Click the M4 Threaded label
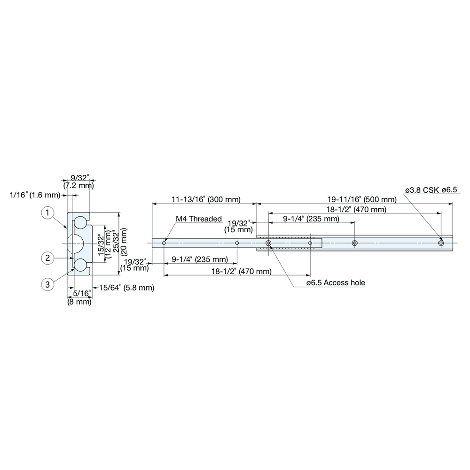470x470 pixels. [x=198, y=219]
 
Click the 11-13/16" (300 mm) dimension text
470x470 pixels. [x=206, y=199]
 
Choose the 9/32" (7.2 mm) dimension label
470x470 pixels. [x=79, y=181]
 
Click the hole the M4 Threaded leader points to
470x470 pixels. [x=164, y=243]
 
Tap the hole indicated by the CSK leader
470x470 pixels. [x=440, y=243]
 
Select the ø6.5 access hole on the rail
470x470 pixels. [x=268, y=243]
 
